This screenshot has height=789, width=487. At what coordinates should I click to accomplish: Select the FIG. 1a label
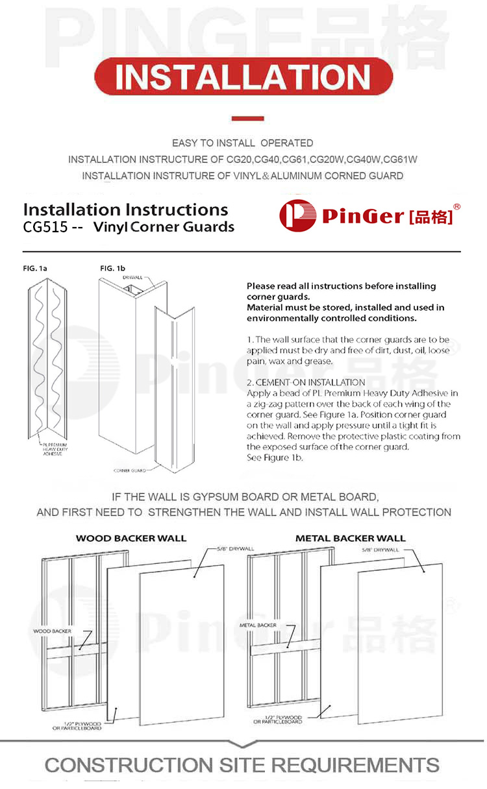tap(36, 268)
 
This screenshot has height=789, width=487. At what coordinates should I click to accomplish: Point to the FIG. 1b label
tap(112, 268)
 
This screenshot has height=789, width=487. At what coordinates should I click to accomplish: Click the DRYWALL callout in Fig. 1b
tap(132, 277)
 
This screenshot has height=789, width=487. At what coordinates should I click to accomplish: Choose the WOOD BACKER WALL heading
tap(131, 538)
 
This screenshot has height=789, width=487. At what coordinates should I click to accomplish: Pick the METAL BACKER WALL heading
tap(350, 538)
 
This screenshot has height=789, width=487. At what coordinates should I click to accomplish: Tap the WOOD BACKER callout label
tap(52, 631)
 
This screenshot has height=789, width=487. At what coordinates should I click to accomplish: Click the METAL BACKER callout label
tap(258, 625)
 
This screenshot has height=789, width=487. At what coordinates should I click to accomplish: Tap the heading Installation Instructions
tap(125, 210)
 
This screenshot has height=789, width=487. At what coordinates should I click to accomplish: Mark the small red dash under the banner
tap(247, 119)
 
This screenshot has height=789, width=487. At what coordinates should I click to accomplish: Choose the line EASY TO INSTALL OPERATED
tap(242, 143)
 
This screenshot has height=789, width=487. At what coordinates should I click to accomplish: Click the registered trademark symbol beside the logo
tap(456, 207)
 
